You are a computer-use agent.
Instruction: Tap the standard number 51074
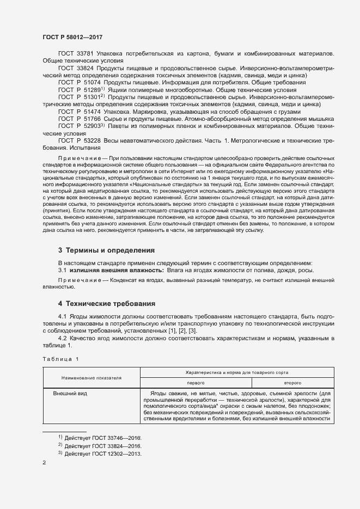point(92,82)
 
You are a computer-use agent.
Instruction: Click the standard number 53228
point(92,140)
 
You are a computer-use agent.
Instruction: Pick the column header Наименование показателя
point(91,377)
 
